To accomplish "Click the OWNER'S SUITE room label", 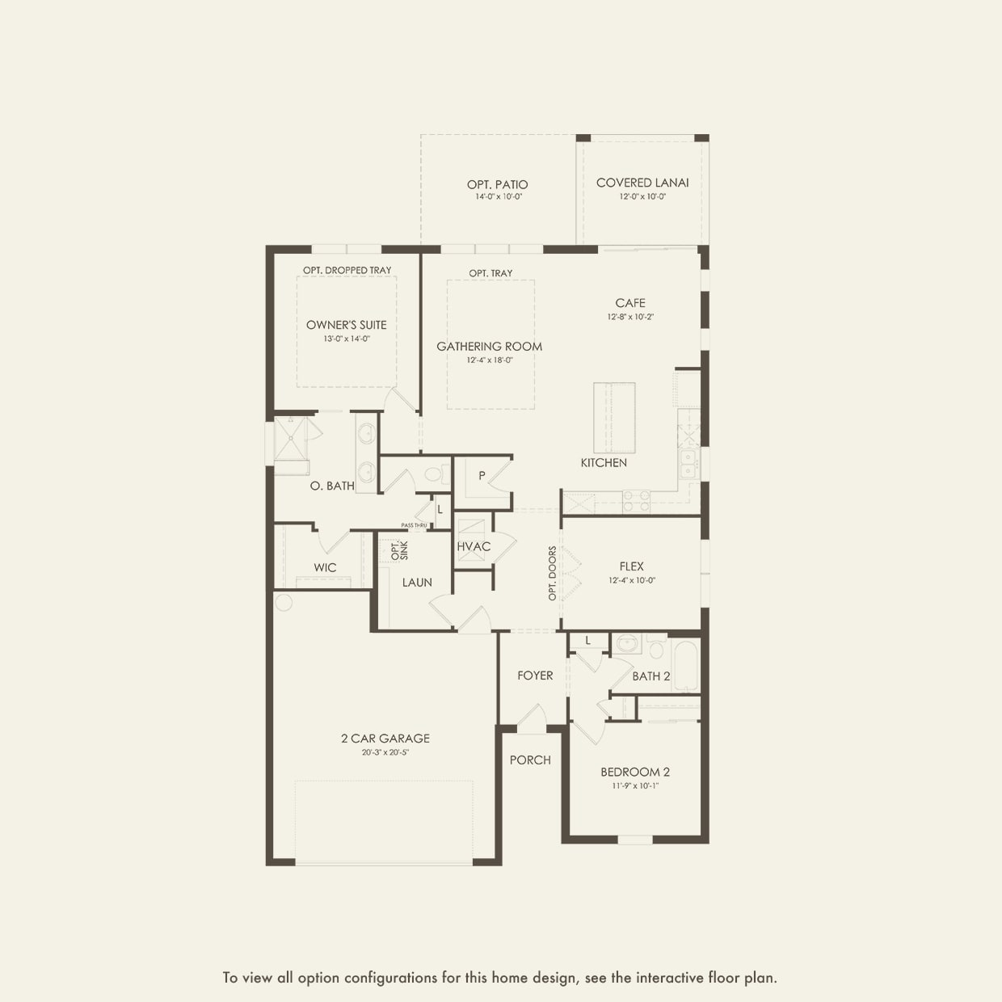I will pos(346,325).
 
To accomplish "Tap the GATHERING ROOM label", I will pos(489,347).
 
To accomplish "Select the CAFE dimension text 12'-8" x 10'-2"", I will pos(630,318).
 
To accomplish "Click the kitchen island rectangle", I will pos(614,418).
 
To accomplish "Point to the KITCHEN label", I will pos(604,463).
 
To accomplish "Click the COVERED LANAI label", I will pos(642,183).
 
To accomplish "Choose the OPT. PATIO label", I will pos(497,184).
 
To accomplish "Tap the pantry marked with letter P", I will pos(482,476).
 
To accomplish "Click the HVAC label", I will pos(473,547).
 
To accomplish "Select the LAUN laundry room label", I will pos(417,583).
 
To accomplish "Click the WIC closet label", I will pos(325,568).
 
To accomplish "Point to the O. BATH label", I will pos(332,486).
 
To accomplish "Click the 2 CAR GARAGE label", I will pos(385,739).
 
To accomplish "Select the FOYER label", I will pos(535,676).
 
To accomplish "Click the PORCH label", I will pos(530,760).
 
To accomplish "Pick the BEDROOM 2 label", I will pos(635,773).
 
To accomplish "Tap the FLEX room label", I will pos(631,567).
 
